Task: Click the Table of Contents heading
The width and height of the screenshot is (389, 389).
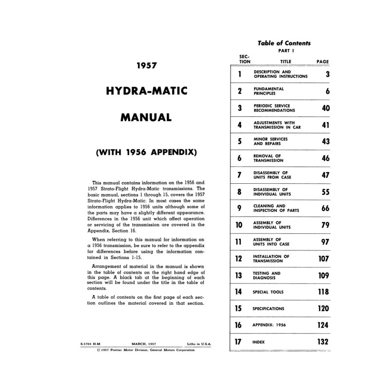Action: [284, 43]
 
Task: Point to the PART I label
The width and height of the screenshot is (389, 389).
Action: [284, 51]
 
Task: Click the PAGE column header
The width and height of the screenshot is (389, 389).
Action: [322, 62]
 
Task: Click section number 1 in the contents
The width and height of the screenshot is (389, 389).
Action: [240, 74]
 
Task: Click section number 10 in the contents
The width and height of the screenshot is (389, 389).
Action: [239, 225]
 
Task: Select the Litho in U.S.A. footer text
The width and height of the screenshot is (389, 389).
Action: [198, 344]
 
